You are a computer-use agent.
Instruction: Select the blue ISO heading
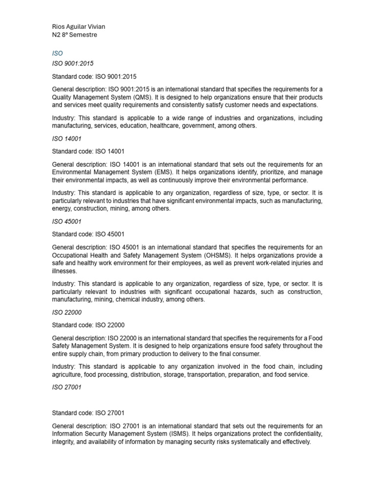point(57,53)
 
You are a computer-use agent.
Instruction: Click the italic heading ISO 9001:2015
point(73,63)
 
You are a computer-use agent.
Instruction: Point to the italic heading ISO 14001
point(66,139)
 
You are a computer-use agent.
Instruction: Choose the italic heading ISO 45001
point(66,221)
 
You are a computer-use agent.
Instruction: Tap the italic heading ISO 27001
point(66,387)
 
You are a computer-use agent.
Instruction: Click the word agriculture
point(67,375)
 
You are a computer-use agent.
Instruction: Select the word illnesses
point(64,271)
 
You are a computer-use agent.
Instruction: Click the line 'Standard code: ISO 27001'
point(88,413)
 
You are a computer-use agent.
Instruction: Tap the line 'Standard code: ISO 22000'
point(88,325)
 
